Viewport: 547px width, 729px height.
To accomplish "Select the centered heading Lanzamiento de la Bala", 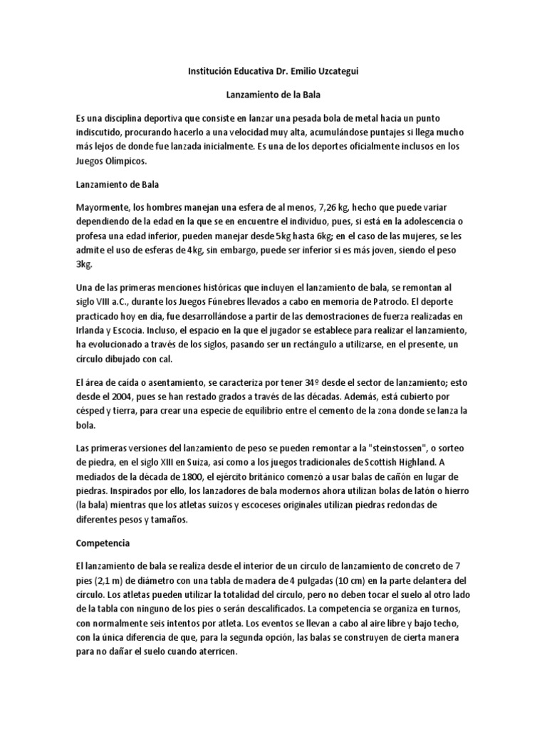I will point(273,93).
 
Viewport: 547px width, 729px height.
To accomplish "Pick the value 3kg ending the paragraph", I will point(84,265).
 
